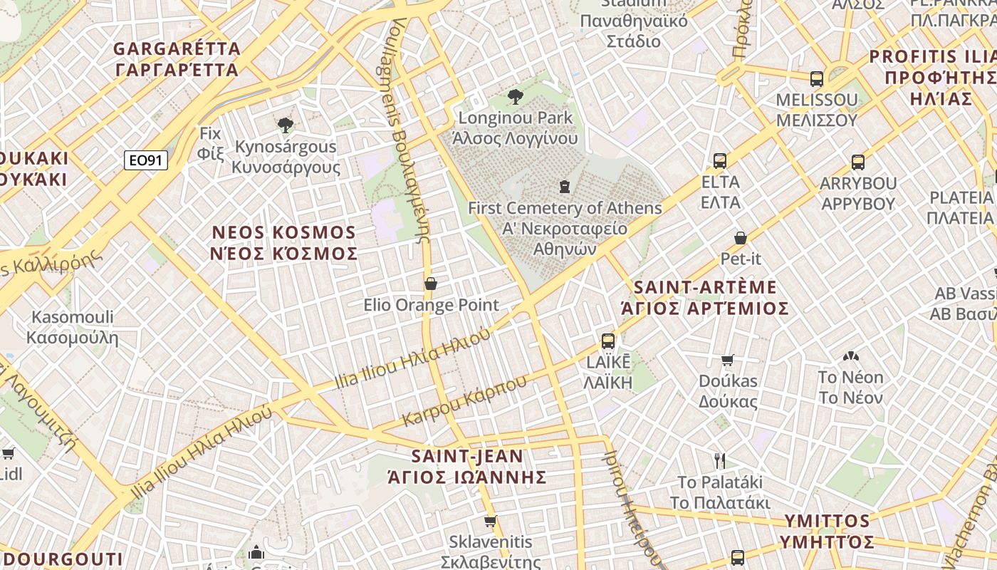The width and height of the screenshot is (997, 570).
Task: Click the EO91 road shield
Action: tap(146, 160)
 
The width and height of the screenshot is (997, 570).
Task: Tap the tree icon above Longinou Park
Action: tap(516, 96)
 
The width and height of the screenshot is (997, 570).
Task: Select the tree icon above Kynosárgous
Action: tap(286, 125)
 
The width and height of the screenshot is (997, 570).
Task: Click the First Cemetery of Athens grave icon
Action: tap(565, 187)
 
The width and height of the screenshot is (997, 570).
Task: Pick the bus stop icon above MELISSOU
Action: tap(817, 78)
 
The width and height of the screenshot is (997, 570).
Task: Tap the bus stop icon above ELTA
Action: tap(720, 160)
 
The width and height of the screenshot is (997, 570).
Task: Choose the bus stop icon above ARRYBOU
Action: tap(858, 162)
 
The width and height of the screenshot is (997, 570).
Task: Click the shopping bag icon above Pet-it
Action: tap(741, 237)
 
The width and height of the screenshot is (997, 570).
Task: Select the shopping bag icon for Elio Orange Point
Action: tap(431, 284)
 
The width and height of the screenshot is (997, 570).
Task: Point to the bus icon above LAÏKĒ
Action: tap(607, 341)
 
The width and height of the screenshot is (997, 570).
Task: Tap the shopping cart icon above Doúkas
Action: tap(727, 360)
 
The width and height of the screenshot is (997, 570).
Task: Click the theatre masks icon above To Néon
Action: tap(850, 356)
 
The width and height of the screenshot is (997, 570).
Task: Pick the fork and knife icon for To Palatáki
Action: tap(720, 460)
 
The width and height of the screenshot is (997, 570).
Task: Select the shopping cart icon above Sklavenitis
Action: tap(490, 522)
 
